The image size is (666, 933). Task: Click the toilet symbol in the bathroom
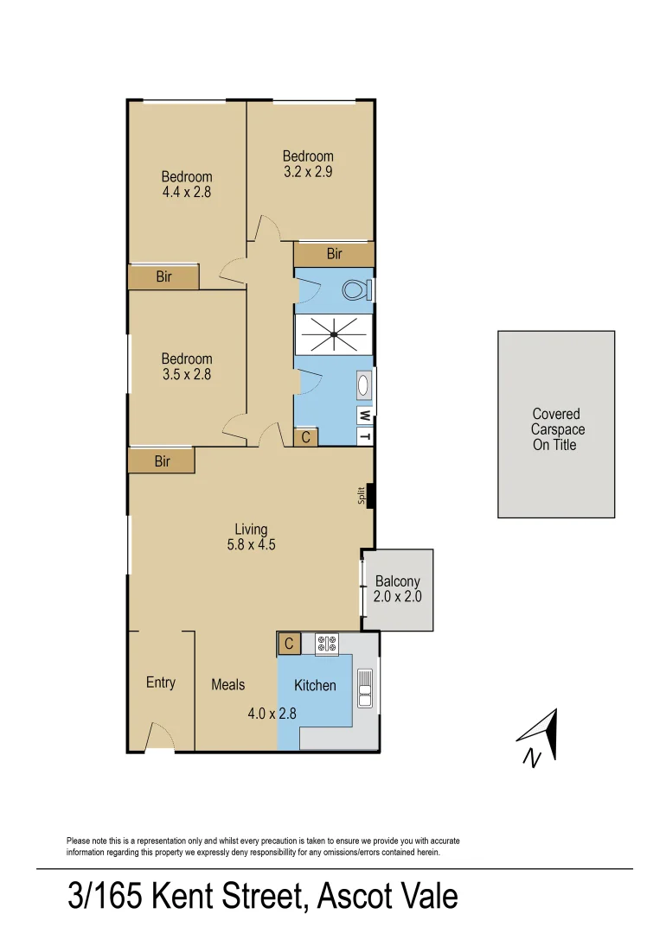point(356,289)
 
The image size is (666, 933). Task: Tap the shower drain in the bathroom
point(333,334)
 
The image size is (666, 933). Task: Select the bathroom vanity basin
point(364,385)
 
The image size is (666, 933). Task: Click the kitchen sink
point(365,689)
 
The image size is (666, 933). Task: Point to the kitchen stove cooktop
point(327,644)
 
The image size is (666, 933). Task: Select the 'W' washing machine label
point(365,416)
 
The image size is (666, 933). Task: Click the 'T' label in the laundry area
point(365,436)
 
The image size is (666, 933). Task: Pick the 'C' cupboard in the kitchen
point(289,644)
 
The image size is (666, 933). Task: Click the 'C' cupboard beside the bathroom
point(305,437)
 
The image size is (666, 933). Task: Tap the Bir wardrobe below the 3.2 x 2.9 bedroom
point(334,254)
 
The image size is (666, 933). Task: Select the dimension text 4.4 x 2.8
point(186,193)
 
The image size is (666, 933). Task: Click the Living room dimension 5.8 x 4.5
point(251,545)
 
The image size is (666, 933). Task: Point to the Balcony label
point(397,581)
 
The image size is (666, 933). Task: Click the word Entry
point(161,682)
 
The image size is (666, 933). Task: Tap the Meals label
point(228,684)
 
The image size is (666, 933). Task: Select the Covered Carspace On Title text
point(555,429)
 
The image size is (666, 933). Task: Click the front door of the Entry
point(158,738)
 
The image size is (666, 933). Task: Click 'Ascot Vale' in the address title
point(387,896)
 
